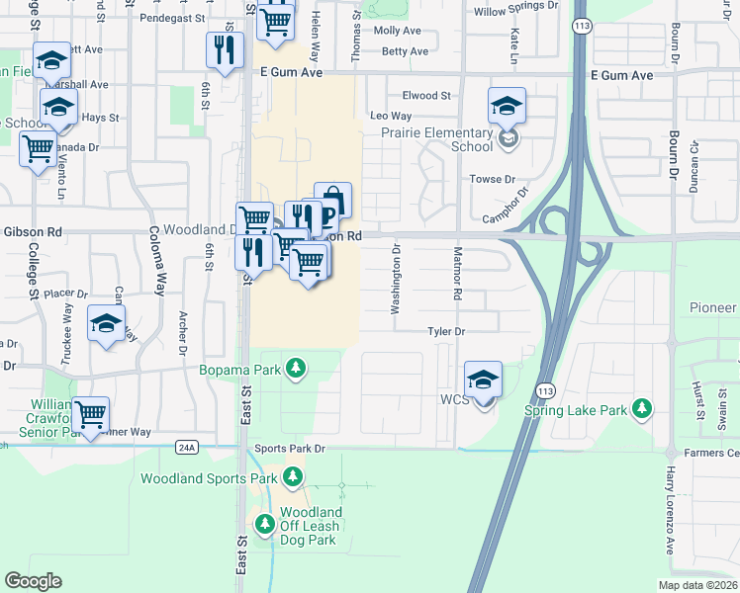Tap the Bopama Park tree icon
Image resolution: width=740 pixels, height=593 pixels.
tap(294, 370)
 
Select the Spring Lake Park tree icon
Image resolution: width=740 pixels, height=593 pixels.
tap(643, 408)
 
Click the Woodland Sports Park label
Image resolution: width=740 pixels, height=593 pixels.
tap(209, 478)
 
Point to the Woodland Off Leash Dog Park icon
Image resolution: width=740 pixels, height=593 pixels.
tap(264, 526)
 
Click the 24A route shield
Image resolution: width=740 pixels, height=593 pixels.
tap(188, 447)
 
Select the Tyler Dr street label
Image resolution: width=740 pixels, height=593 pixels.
tap(446, 331)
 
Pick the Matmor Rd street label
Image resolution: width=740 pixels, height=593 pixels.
tap(458, 275)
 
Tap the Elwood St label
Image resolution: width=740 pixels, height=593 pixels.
tap(425, 96)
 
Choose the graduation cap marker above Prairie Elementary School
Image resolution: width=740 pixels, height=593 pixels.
tap(507, 106)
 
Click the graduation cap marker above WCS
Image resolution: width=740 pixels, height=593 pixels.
tap(483, 379)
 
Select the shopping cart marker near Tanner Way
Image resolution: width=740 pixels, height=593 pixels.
tap(91, 413)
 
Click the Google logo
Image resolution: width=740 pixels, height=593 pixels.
tap(33, 581)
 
